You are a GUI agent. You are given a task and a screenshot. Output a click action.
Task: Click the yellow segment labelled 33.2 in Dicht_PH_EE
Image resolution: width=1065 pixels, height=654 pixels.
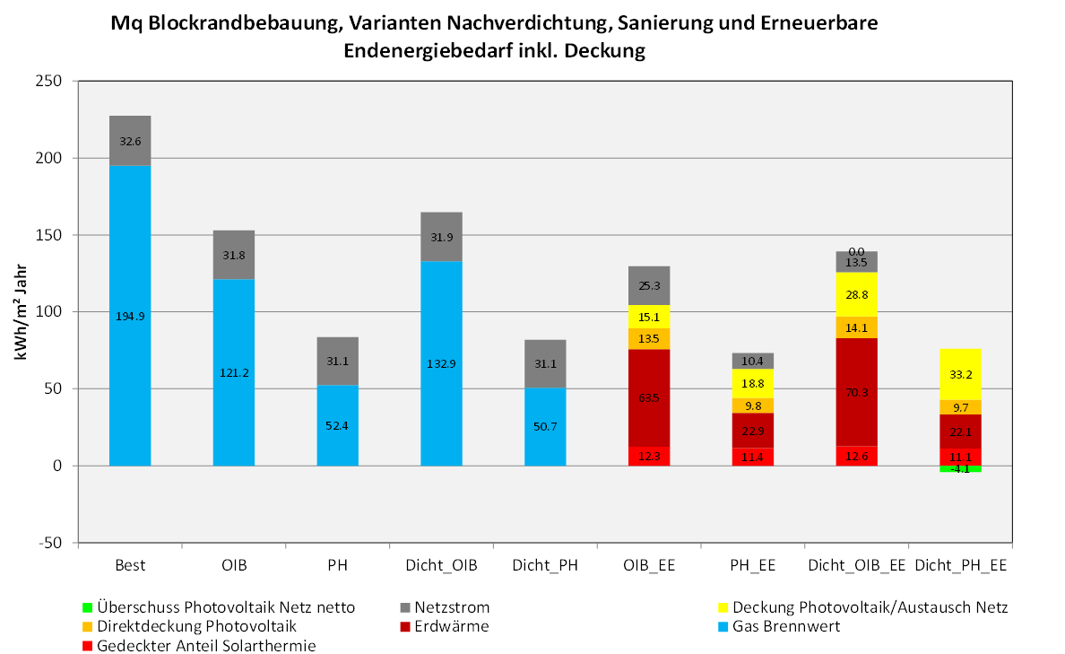pyautogui.click(x=960, y=374)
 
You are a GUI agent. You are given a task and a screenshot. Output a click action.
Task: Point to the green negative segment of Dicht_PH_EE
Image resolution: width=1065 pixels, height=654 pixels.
pyautogui.click(x=960, y=469)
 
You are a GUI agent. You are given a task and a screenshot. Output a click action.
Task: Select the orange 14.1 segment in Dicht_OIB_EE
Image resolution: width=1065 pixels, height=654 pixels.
pyautogui.click(x=856, y=327)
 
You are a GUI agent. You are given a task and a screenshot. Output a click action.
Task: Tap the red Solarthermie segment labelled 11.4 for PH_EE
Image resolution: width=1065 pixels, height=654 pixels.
pyautogui.click(x=753, y=458)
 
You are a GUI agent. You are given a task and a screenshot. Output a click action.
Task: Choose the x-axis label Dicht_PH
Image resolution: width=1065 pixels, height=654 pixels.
pyautogui.click(x=545, y=566)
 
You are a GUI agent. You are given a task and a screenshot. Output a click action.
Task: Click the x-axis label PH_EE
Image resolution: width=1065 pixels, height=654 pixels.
pyautogui.click(x=753, y=566)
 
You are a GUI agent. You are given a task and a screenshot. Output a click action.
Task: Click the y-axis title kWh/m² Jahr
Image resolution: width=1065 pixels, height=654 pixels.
pyautogui.click(x=22, y=311)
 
